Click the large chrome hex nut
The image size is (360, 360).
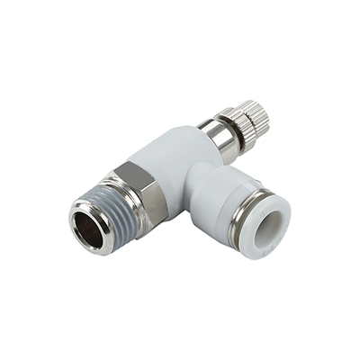(138, 191)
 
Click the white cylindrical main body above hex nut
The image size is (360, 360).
(175, 162)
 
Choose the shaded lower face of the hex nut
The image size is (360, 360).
(148, 207)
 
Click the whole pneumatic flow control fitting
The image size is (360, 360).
(180, 184)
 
